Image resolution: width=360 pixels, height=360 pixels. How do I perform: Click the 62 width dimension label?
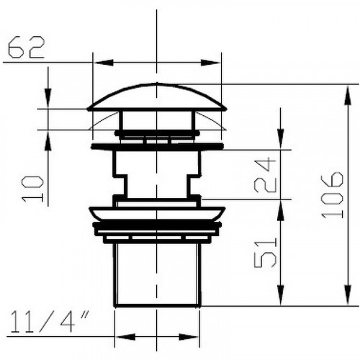coord(27,47)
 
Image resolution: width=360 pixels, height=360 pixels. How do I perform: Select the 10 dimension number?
coord(32,189)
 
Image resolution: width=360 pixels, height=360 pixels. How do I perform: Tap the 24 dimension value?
coord(265,175)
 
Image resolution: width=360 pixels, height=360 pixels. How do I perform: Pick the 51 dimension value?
coord(265,253)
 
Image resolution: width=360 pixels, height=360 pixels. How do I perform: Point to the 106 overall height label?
coord(332,194)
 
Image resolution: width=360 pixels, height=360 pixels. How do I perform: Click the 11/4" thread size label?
coord(49,322)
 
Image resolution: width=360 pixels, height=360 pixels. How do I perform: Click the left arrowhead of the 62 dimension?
coord(104,63)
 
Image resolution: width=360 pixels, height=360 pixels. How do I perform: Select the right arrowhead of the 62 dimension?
coord(210,63)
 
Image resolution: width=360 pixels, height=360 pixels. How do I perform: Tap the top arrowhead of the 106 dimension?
coord(348,96)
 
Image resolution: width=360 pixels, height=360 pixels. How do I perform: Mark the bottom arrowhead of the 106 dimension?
coord(348,295)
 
